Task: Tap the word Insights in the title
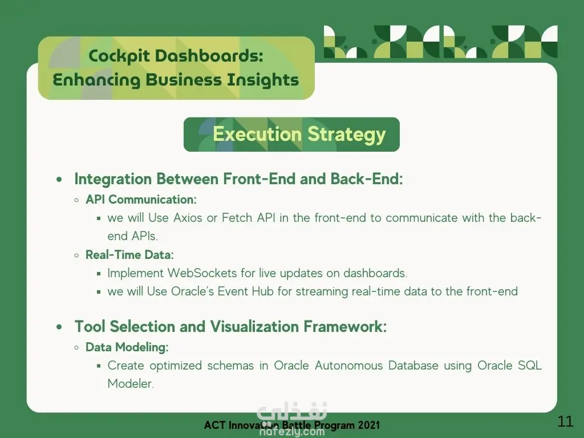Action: pos(263,80)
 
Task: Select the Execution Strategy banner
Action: pos(291,135)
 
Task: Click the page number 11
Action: pos(565,421)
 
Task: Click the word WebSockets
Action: pos(202,273)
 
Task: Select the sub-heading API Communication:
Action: pos(141,200)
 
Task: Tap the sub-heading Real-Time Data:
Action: pos(129,255)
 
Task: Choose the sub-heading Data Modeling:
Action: pos(127,347)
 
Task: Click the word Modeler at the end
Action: pos(131,384)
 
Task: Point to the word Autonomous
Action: pos(348,366)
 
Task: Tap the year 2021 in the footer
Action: pos(369,425)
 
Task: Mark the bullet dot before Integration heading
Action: pos(59,180)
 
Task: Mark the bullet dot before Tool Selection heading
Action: pos(59,327)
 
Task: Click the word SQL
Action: pos(530,366)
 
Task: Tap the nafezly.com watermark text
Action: pos(292,432)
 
